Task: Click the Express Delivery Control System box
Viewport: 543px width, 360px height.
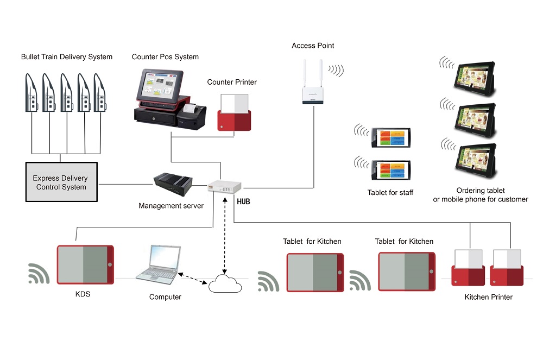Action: coord(61,182)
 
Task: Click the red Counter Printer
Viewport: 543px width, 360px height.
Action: coord(234,113)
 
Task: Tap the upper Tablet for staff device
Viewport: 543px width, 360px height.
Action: coord(391,137)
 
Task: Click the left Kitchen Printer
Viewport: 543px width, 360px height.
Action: coord(469,267)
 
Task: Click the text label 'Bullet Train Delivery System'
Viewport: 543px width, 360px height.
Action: coord(67,56)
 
